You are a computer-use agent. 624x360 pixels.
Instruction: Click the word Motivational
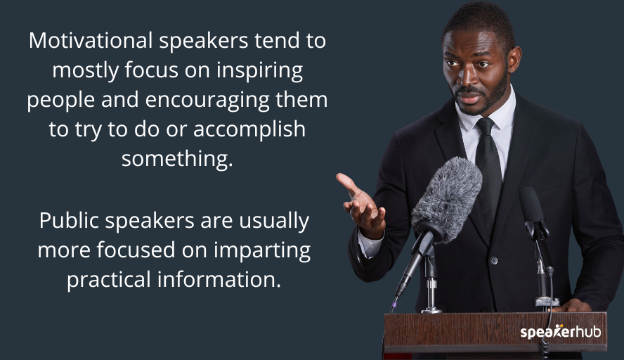[x=91, y=41]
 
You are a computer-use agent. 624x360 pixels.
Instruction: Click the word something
[x=176, y=158]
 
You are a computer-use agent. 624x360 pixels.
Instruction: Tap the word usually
[x=273, y=221]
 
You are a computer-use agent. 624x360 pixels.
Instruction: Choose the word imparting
[x=268, y=250]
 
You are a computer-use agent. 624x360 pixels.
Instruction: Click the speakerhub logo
[x=560, y=331]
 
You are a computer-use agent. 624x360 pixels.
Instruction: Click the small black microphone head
[x=532, y=205]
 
